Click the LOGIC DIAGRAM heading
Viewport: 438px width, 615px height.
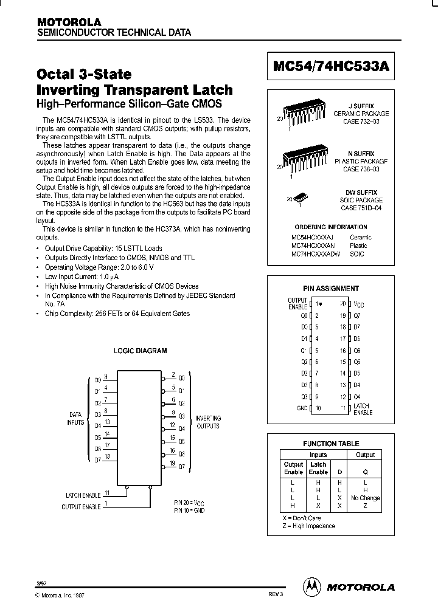(140, 351)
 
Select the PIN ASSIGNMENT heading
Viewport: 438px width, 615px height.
(331, 289)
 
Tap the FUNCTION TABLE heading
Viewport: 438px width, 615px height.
(331, 444)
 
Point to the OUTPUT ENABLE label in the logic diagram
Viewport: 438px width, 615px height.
(82, 506)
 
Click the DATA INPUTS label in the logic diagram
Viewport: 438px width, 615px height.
(75, 418)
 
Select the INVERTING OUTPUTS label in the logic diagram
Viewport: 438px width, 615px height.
(207, 422)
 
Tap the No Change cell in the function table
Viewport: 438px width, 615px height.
(365, 498)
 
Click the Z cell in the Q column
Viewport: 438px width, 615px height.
(365, 506)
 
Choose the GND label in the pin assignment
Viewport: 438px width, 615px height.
(302, 408)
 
